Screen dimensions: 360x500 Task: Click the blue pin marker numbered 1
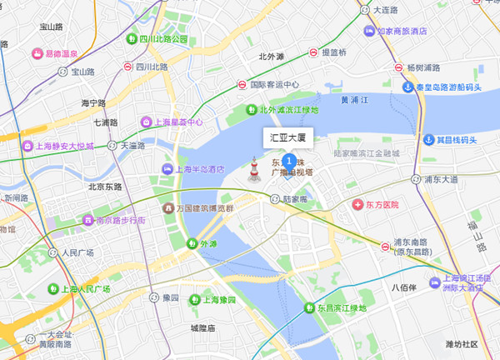pyautogui.click(x=288, y=160)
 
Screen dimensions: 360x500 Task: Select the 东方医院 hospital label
pyautogui.click(x=382, y=204)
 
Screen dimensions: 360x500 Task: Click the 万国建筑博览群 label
pyautogui.click(x=208, y=207)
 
